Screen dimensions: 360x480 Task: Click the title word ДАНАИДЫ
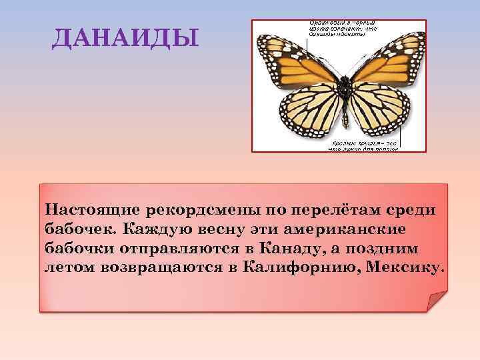(125, 39)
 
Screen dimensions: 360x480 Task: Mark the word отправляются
(176, 249)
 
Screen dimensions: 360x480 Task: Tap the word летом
(68, 268)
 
